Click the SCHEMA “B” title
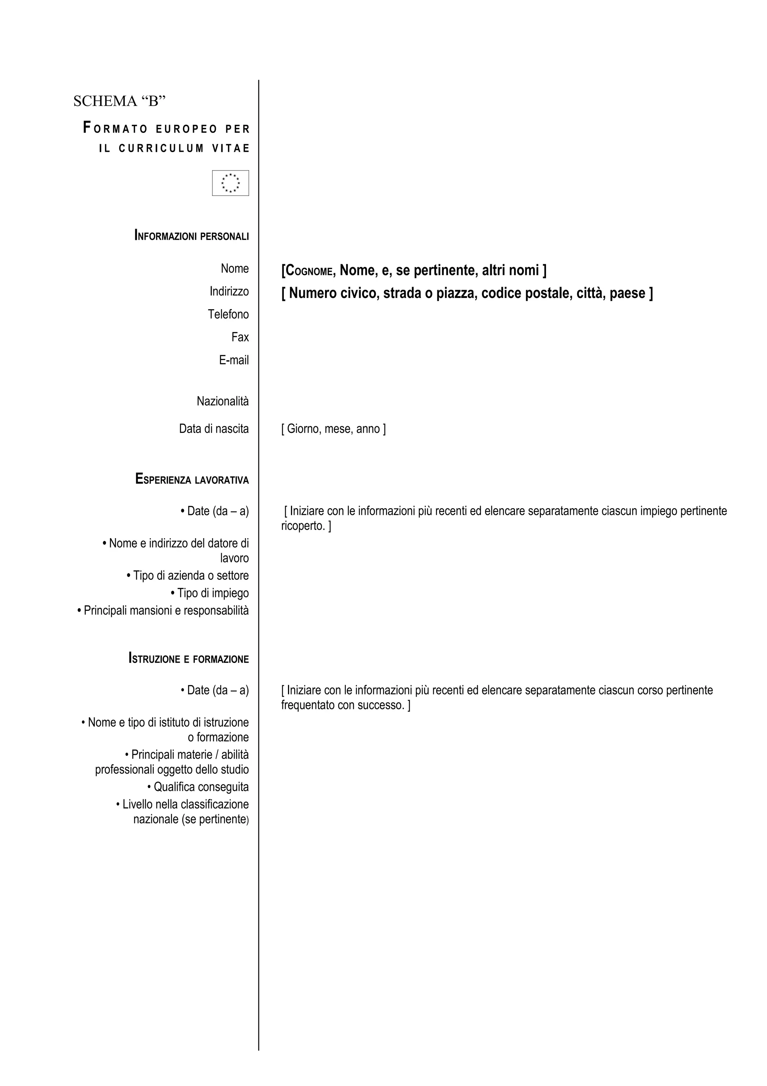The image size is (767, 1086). pos(119,101)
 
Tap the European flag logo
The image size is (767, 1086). pos(231,183)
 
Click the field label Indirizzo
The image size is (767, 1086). pos(229,292)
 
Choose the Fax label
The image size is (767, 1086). pos(240,337)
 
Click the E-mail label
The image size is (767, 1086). pos(234,360)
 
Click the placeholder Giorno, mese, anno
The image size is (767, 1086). pos(334,429)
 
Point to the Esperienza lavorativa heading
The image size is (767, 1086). pos(192,479)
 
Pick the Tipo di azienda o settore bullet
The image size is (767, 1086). pos(188,576)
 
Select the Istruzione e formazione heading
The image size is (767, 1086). pos(188,658)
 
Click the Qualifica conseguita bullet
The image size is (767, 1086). pos(198,787)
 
